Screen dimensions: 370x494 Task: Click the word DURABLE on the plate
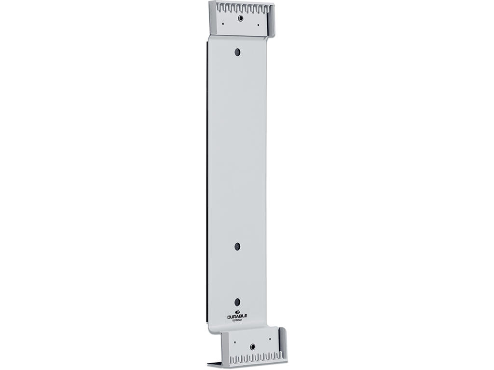(237, 317)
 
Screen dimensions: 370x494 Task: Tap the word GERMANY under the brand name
(237, 320)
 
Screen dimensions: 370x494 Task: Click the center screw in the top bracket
(240, 18)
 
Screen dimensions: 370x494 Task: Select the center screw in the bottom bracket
(252, 346)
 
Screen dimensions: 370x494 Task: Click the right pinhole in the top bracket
(258, 24)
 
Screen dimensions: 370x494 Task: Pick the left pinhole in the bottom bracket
(235, 342)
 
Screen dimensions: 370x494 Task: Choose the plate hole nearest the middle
(237, 246)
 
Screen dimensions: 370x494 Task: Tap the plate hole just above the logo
(237, 302)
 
